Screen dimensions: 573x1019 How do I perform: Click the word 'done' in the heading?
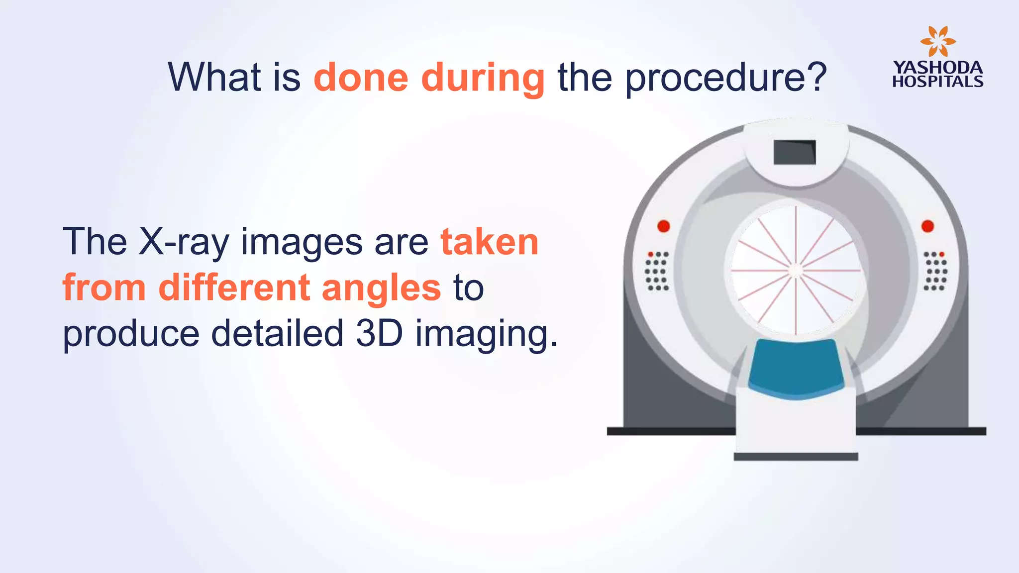(x=362, y=78)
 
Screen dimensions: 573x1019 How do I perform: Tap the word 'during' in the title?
(x=483, y=79)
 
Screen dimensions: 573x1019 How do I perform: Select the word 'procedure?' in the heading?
(x=726, y=78)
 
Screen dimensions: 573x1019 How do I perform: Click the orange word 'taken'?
(x=490, y=242)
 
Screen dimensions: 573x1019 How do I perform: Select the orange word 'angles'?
(x=381, y=288)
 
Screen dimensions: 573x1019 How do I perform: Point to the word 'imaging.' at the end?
(x=487, y=334)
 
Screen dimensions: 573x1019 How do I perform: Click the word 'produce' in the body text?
(x=131, y=334)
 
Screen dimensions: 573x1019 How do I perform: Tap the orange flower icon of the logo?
(x=937, y=42)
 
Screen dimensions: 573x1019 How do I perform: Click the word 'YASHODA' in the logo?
(x=937, y=67)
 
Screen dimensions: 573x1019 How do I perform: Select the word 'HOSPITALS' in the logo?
(x=937, y=82)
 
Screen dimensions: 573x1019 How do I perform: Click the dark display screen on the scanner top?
(x=795, y=152)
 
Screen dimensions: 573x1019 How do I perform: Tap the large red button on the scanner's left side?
(x=664, y=226)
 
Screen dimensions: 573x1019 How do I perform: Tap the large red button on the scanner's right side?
(x=927, y=226)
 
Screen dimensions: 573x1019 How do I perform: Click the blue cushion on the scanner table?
(x=796, y=368)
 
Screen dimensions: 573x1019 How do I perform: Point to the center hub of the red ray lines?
(x=796, y=271)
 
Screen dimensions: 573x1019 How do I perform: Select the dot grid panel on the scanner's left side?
(x=658, y=271)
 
